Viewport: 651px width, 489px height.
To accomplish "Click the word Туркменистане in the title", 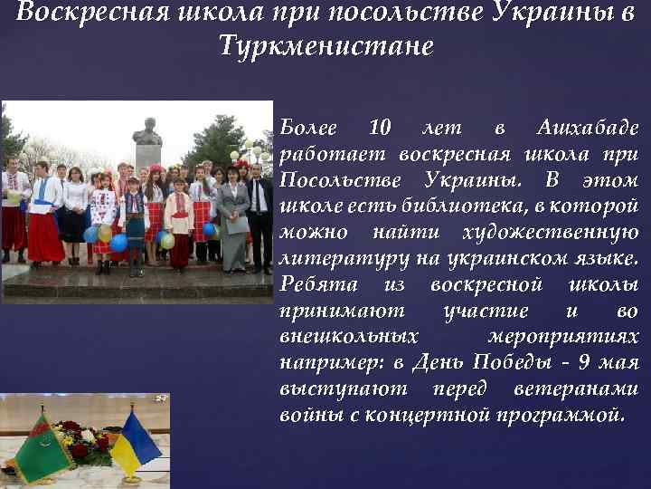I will coord(325,44).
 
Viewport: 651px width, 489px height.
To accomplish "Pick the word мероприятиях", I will coord(561,337).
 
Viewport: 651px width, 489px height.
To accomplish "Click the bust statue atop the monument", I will coord(147,132).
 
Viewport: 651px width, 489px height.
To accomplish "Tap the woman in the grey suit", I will coord(233,217).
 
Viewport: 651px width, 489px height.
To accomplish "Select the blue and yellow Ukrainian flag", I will coord(135,443).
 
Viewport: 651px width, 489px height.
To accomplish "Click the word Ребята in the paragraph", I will coord(312,284).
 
